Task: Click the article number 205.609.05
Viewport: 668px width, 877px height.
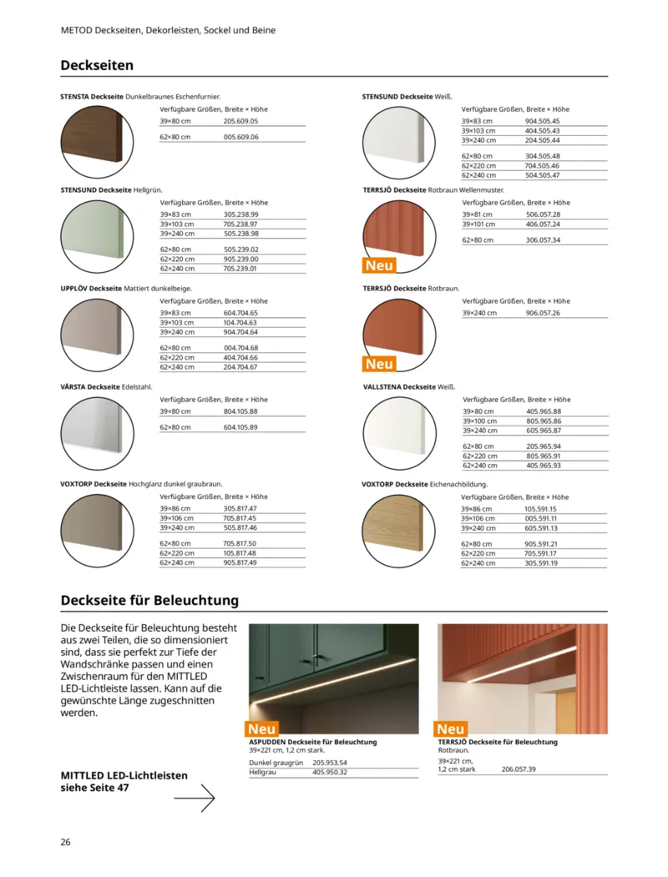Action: click(x=240, y=121)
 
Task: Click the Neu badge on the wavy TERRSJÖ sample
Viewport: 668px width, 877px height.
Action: click(x=379, y=265)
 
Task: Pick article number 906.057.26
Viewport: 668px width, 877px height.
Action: click(x=543, y=313)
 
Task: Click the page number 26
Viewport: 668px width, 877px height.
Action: click(x=66, y=841)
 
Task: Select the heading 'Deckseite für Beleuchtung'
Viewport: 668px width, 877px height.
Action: click(x=149, y=600)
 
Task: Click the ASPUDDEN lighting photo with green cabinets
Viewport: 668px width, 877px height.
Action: click(x=333, y=678)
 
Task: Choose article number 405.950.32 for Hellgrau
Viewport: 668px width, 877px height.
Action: click(x=330, y=773)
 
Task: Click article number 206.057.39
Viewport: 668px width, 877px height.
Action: click(x=519, y=769)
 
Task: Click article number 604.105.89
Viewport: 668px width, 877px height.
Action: click(x=240, y=427)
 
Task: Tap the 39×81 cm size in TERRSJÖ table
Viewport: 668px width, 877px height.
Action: click(x=478, y=214)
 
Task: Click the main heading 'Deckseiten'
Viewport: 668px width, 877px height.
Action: click(x=97, y=65)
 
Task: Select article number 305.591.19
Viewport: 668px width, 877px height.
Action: click(x=541, y=563)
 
